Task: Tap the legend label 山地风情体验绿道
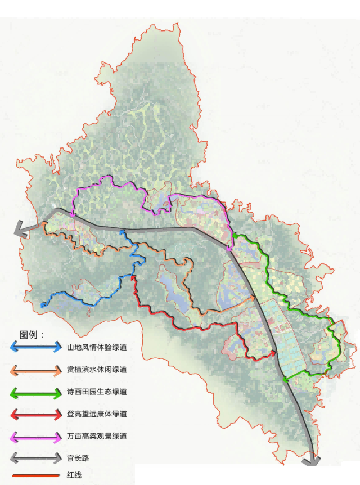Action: [96, 348]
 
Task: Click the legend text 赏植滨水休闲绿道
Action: [96, 370]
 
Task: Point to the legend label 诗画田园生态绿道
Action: [96, 392]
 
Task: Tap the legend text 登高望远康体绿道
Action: [96, 414]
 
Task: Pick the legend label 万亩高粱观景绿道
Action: [96, 436]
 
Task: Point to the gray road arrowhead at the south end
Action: [310, 461]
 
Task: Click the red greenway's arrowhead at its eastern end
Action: [273, 353]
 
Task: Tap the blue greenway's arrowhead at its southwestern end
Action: [43, 305]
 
